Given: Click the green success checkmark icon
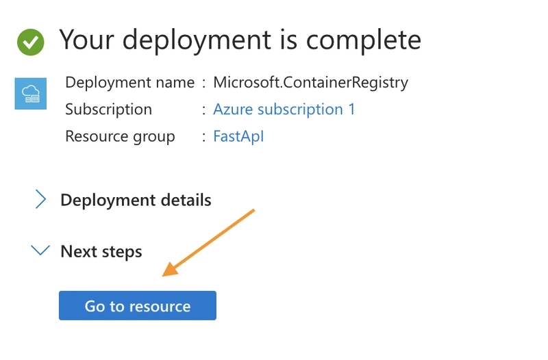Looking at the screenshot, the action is point(31,42).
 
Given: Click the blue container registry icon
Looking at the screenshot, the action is point(31,94).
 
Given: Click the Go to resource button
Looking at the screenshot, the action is point(138,305).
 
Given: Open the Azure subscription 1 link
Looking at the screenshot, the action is point(284,110).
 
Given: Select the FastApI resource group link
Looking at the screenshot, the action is point(238,136).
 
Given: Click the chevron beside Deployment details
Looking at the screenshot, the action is point(40,199).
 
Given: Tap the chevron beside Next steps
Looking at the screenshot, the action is point(40,250).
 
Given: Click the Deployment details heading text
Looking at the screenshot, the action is point(136,200).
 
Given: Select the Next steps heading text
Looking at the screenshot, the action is point(101,251).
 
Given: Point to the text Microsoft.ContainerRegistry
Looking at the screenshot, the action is point(311,83).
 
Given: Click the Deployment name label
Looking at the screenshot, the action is point(129,83).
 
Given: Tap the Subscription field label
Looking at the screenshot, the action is point(109,110).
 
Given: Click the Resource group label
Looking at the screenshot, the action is point(120,136).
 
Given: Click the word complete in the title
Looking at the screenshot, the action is point(364,41).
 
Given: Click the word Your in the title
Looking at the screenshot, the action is point(87,40).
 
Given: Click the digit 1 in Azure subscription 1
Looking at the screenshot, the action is point(351,110).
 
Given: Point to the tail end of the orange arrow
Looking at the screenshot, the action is point(254,210).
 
